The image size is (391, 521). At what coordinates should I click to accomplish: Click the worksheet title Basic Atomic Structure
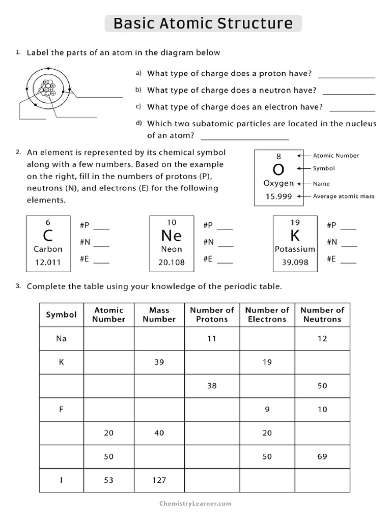click(203, 23)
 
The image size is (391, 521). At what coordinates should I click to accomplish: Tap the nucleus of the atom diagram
click(47, 89)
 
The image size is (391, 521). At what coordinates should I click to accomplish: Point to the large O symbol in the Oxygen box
click(278, 169)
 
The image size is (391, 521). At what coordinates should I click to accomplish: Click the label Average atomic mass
click(344, 196)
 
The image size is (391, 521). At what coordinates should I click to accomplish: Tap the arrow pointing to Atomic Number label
click(304, 156)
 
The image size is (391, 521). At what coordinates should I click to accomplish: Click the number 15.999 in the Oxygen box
click(278, 196)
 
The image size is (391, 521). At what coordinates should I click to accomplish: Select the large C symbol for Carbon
click(48, 236)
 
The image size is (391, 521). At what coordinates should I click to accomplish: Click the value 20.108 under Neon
click(171, 263)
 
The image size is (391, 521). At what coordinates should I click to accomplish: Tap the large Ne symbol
click(171, 236)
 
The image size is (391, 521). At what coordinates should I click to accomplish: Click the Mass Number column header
click(159, 314)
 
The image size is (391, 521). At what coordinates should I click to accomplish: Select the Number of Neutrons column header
click(322, 314)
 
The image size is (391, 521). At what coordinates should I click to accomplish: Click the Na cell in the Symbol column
click(61, 338)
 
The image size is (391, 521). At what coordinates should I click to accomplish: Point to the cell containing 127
click(159, 480)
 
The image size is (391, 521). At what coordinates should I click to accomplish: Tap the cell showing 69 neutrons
click(322, 456)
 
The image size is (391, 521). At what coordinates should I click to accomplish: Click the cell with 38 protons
click(212, 386)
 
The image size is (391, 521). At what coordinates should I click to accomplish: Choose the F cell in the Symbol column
click(61, 409)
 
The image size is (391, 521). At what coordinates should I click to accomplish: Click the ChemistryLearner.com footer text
click(195, 504)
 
